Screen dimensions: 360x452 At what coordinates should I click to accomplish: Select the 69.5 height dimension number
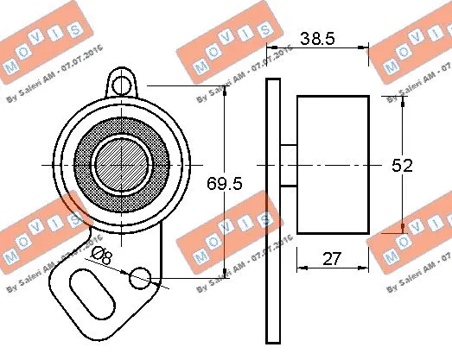pos(225,183)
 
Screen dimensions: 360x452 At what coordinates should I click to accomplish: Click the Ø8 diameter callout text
pos(101,255)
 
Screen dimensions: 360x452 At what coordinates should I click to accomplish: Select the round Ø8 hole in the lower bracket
pos(139,278)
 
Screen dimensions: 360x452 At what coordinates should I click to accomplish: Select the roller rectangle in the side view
pos(333,164)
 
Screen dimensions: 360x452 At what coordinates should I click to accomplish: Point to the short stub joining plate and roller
pos(289,164)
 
